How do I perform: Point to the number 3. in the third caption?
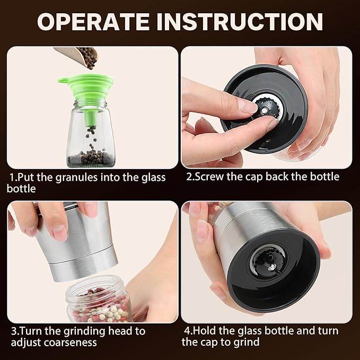click(x=14, y=331)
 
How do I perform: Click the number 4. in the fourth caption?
click(x=188, y=331)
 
